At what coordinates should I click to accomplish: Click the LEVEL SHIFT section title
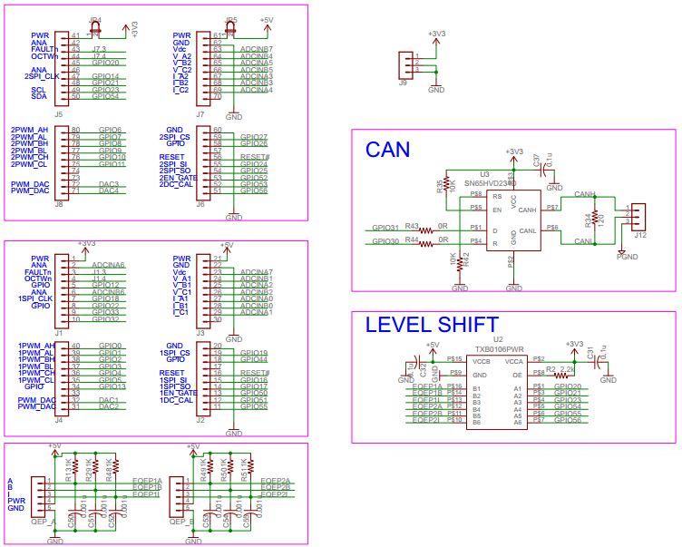[431, 325]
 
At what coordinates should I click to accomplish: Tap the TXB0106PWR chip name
[497, 347]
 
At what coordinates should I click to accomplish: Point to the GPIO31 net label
[385, 227]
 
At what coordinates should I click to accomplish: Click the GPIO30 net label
[385, 240]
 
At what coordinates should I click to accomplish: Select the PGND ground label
[627, 257]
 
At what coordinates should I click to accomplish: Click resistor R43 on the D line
[413, 227]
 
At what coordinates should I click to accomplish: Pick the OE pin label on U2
[517, 374]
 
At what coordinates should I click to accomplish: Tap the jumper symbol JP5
[231, 25]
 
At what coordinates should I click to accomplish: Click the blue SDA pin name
[39, 97]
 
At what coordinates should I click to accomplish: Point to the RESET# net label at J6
[255, 157]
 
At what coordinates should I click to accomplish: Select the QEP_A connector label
[43, 522]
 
